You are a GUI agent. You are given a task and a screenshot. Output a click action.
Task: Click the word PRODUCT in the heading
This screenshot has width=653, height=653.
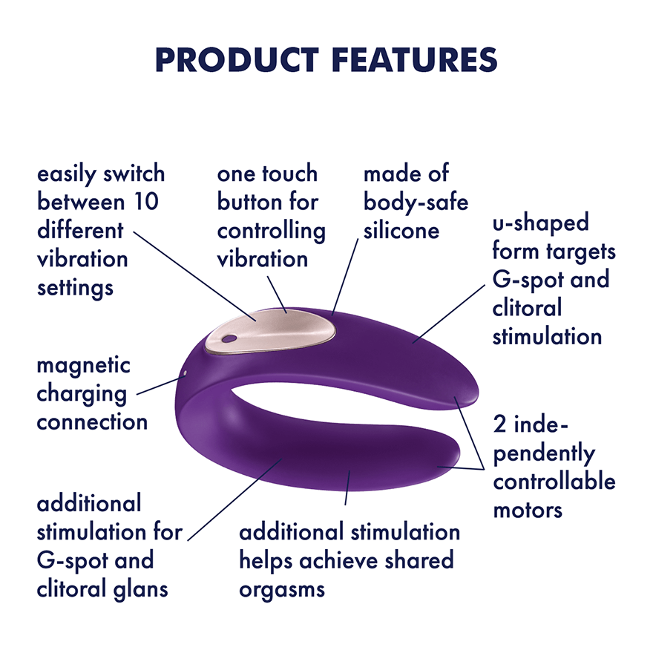(237, 60)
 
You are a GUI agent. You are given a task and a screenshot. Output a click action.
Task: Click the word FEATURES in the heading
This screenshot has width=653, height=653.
(415, 60)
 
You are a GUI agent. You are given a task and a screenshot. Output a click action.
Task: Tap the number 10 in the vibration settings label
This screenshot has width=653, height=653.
(146, 202)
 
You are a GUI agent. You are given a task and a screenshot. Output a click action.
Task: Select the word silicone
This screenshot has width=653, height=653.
(401, 230)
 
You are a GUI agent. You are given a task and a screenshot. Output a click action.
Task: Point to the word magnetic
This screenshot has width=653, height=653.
(83, 367)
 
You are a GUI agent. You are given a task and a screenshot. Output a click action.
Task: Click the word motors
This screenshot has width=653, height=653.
(528, 511)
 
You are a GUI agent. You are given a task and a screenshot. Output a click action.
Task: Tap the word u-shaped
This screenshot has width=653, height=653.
(540, 223)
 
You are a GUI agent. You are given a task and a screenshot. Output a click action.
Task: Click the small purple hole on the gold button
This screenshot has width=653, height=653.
(229, 339)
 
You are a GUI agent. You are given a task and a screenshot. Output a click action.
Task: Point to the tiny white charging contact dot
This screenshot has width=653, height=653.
(186, 373)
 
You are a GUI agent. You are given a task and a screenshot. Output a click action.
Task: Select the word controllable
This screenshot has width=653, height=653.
(554, 481)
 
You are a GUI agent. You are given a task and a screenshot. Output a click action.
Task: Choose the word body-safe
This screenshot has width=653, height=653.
(416, 203)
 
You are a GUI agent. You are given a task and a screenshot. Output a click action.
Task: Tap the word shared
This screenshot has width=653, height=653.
(419, 560)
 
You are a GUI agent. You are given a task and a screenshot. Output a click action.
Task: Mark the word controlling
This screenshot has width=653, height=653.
(271, 231)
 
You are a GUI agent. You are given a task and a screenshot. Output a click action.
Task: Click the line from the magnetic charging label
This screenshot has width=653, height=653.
(160, 385)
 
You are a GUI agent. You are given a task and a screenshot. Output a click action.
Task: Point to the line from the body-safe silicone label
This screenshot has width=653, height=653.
(345, 277)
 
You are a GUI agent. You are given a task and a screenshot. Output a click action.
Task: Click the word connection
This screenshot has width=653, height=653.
(92, 422)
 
